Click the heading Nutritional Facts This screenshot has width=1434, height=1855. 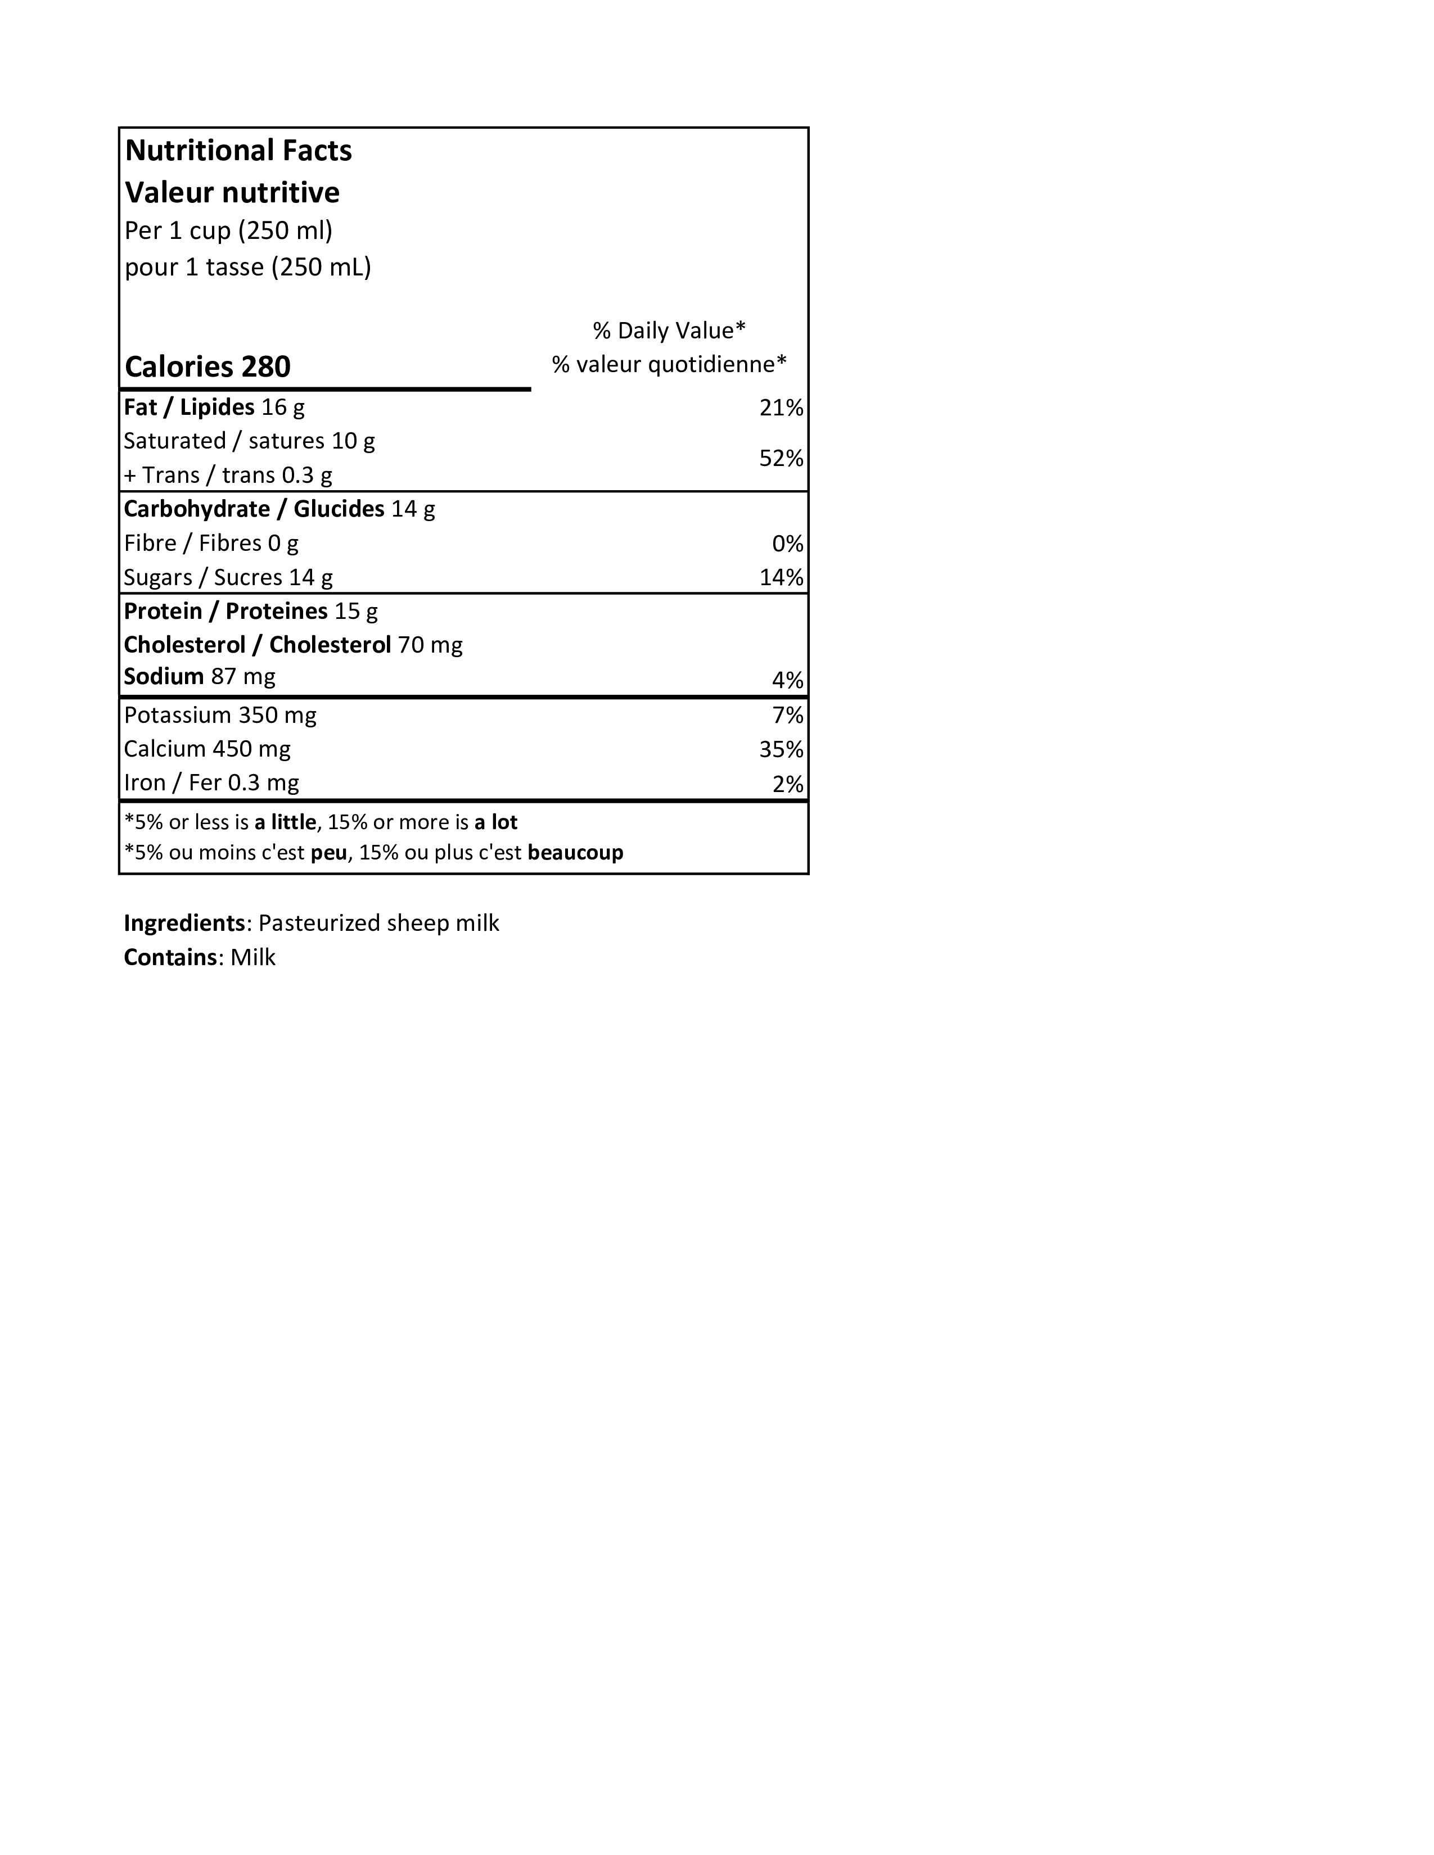click(x=238, y=150)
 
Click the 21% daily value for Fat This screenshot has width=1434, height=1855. click(x=781, y=408)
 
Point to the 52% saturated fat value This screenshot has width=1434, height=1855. click(x=781, y=459)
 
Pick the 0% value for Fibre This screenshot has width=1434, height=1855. click(x=787, y=544)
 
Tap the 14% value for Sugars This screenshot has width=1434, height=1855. click(x=781, y=577)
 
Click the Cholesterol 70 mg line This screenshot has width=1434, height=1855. click(x=293, y=645)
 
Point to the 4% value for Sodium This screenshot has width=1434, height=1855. click(x=787, y=680)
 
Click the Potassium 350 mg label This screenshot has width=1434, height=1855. click(x=220, y=715)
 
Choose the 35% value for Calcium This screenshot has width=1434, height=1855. click(x=781, y=749)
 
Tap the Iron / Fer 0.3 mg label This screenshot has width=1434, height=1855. click(x=211, y=782)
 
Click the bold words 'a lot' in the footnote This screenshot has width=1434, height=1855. click(x=495, y=822)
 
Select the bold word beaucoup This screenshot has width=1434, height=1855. click(x=575, y=852)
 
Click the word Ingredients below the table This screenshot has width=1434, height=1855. click(x=184, y=923)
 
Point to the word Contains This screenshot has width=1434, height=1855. click(x=170, y=957)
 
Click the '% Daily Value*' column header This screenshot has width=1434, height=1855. click(x=669, y=331)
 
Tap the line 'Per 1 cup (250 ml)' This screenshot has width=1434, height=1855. click(x=228, y=230)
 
